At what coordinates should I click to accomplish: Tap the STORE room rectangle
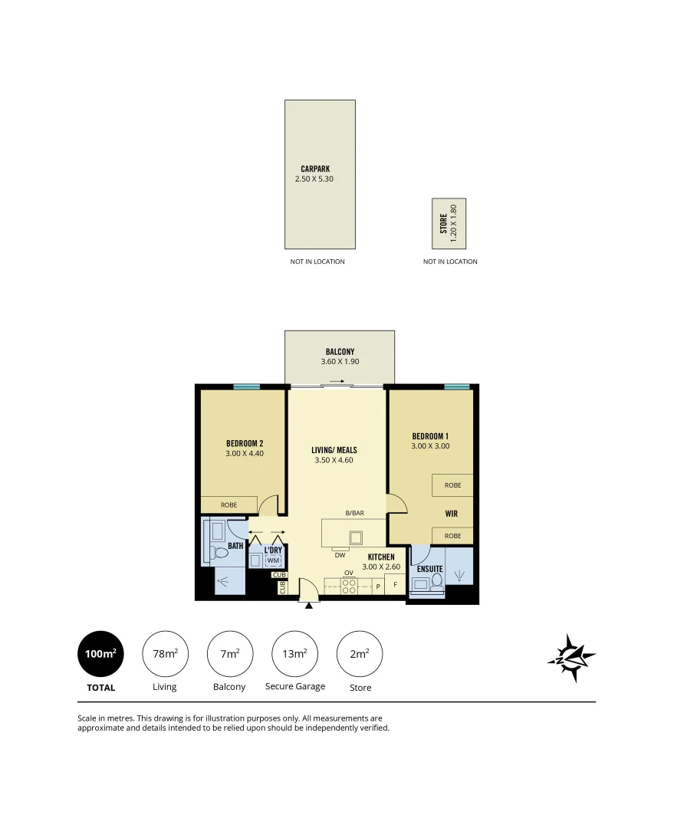[x=449, y=223]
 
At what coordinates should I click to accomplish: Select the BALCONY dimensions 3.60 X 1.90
[x=340, y=362]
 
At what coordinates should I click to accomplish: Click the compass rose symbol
[x=571, y=657]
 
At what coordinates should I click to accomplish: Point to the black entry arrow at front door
[x=309, y=605]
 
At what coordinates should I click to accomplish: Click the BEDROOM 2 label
[x=245, y=443]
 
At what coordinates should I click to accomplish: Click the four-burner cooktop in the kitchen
[x=348, y=586]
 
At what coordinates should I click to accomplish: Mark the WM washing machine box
[x=273, y=560]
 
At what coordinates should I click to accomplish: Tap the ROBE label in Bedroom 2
[x=229, y=505]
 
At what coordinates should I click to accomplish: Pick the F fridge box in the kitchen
[x=395, y=586]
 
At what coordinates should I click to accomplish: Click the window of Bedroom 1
[x=456, y=386]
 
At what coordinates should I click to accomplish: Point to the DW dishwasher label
[x=340, y=554]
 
